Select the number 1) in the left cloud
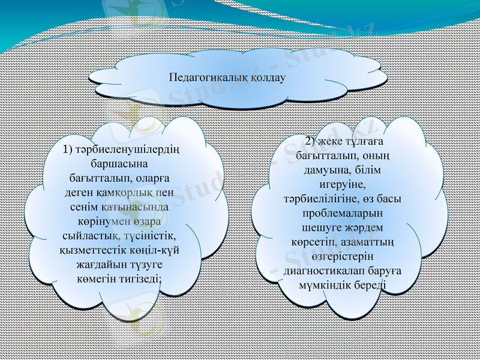67,149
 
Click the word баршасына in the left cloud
119,163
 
